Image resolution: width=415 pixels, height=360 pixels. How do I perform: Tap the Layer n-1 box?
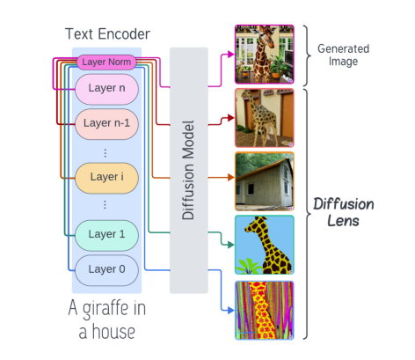(x=106, y=122)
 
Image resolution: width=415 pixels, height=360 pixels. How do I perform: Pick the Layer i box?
(x=106, y=176)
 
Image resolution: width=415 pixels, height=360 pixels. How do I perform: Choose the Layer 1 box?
(x=106, y=234)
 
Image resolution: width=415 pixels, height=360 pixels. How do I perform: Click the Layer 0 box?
(x=106, y=269)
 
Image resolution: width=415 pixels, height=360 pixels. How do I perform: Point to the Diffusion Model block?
(x=188, y=167)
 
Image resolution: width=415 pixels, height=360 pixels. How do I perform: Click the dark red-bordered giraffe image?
(x=264, y=117)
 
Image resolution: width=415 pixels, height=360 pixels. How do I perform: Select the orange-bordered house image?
(x=264, y=180)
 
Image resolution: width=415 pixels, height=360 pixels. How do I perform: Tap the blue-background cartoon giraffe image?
(x=264, y=244)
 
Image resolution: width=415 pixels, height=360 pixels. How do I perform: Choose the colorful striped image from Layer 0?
(x=264, y=310)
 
